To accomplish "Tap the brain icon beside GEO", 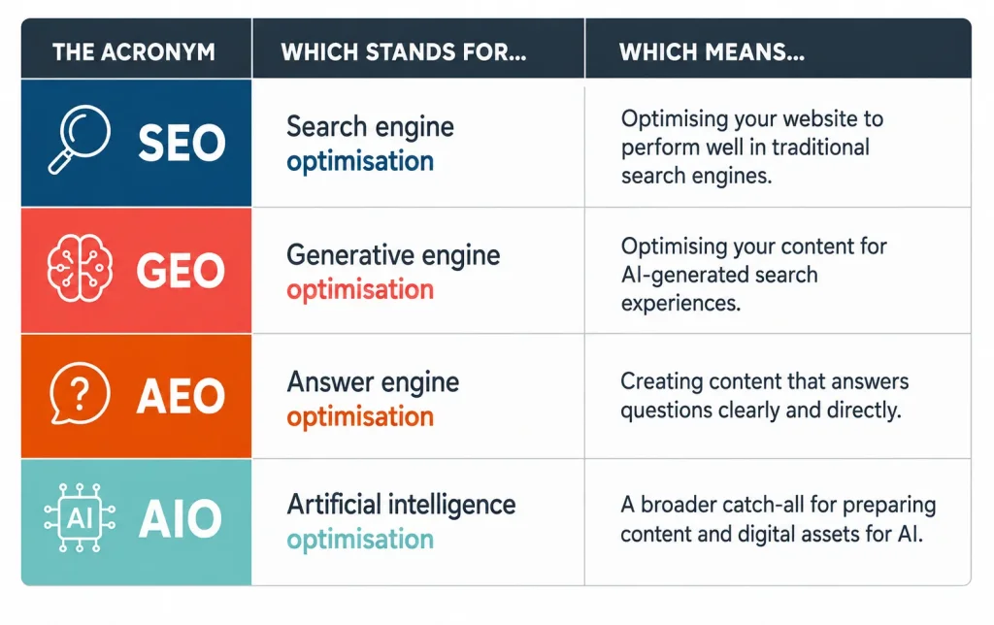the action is click(80, 268).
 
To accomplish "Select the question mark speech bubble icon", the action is click(80, 393).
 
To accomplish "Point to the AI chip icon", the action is click(80, 518).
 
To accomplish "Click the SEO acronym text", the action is click(182, 142).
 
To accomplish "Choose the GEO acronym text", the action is click(181, 270).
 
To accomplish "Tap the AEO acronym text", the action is click(181, 396).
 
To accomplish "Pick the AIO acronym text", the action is click(180, 519).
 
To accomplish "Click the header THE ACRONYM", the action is click(134, 52).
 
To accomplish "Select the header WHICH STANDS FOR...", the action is click(404, 52).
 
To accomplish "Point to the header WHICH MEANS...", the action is click(712, 52).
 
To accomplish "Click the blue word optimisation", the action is click(360, 162).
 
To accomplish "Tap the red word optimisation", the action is click(360, 289).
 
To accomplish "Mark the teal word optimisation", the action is click(360, 540).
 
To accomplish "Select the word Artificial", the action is click(334, 505).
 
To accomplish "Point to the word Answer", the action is click(330, 382).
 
